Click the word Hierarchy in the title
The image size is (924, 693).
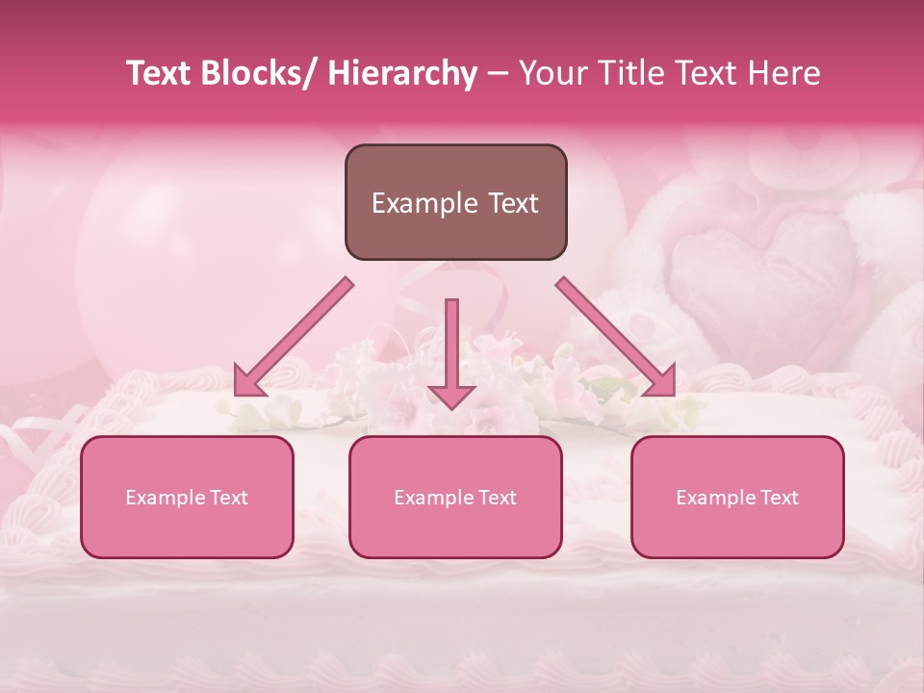[x=402, y=73]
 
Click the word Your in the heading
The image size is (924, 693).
[x=553, y=73]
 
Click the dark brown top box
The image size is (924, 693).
[x=455, y=202]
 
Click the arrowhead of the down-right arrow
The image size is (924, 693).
[x=660, y=380]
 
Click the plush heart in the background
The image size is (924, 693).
[x=760, y=265]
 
